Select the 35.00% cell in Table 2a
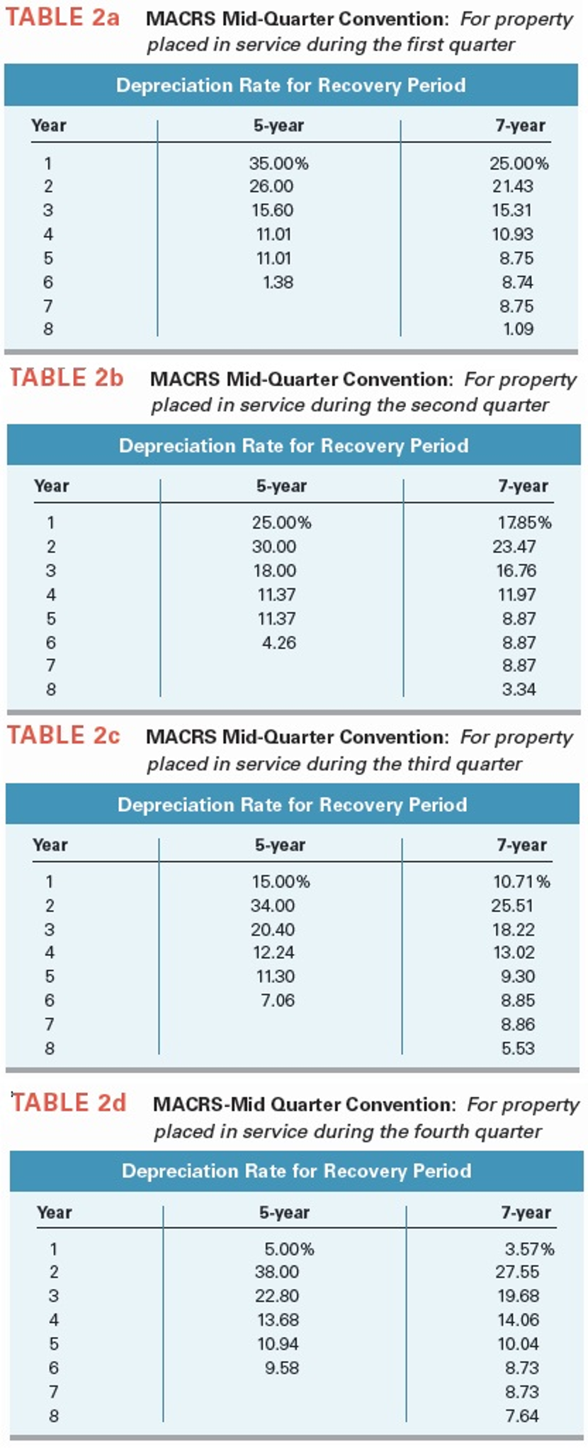[278, 164]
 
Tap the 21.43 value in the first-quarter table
[513, 186]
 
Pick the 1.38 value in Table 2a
[278, 282]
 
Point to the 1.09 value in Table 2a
[518, 329]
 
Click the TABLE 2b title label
[67, 377]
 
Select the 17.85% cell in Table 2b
[524, 523]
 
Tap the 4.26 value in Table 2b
[279, 642]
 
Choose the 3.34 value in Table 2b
[519, 689]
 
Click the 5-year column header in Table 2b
[281, 486]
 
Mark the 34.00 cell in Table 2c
[273, 905]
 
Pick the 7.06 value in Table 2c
[277, 1000]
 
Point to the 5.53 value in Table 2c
[518, 1048]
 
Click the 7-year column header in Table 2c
[521, 845]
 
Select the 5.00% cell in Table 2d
[289, 1249]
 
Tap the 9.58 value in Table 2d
[282, 1368]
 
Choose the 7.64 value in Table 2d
[522, 1416]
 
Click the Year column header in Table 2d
[55, 1212]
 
